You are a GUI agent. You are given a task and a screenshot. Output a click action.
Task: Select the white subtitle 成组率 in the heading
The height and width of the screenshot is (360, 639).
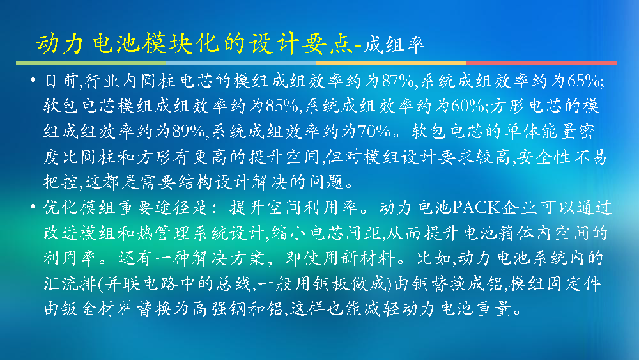coord(394,44)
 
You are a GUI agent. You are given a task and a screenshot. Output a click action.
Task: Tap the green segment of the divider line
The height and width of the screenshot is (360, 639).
coord(91,63)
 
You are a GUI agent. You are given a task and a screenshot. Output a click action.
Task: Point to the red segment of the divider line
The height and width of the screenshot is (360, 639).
coord(542,63)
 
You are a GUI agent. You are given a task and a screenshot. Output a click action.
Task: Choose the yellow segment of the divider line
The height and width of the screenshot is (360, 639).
coord(391,63)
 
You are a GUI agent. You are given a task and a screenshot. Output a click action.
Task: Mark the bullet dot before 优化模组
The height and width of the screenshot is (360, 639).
coord(33,207)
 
